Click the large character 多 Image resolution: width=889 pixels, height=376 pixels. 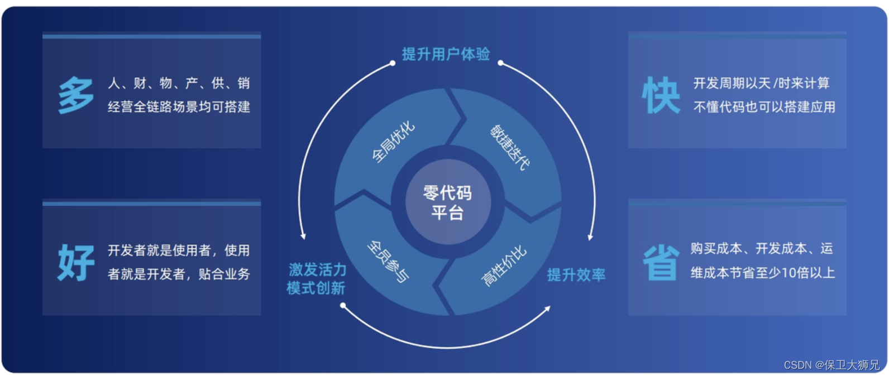coord(76,96)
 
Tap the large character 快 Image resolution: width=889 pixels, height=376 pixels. coord(661,95)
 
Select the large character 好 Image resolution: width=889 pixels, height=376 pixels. coord(76,262)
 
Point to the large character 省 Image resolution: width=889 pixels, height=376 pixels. coord(661,262)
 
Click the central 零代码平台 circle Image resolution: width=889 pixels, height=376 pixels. coord(447,203)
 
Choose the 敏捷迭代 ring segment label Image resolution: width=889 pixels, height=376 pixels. coord(509,147)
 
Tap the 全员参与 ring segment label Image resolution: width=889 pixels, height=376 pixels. coord(388,261)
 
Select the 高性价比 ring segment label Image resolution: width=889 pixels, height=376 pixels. coord(504,266)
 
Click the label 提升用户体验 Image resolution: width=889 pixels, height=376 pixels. coord(446,54)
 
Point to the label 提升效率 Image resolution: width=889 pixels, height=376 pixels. coord(576,275)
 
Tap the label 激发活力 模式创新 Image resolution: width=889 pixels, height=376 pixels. coord(317,279)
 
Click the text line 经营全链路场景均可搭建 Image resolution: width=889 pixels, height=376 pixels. coord(179,107)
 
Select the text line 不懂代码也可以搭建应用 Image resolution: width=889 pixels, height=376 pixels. coord(764,107)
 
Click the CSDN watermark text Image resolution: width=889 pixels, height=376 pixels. coord(831,365)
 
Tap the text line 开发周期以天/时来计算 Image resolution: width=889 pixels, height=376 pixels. coord(761,83)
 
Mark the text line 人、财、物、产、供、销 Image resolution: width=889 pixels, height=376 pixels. coord(179,83)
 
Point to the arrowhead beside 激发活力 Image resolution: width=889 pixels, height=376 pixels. coord(303,236)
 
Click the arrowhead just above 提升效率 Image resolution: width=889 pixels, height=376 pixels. coord(590,237)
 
